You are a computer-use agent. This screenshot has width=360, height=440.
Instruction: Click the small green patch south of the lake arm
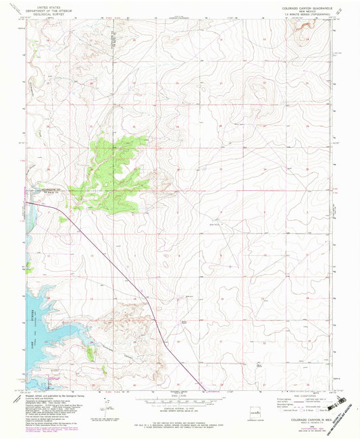tap(91, 351)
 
